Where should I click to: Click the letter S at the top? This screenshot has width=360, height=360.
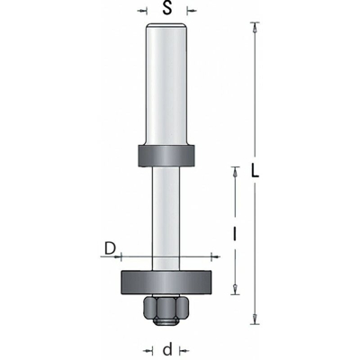[x=167, y=8]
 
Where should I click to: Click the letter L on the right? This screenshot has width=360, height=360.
[x=255, y=171]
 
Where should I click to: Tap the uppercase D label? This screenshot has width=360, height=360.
[x=110, y=248]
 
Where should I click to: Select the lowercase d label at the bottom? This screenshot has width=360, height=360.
[x=167, y=350]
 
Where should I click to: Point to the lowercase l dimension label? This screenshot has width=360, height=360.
[x=235, y=234]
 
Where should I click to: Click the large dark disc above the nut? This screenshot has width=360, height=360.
[x=166, y=283]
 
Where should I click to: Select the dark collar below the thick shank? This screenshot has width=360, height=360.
[x=166, y=156]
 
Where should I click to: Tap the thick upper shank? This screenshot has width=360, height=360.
[x=166, y=85]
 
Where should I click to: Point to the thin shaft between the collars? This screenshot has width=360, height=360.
[x=166, y=219]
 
